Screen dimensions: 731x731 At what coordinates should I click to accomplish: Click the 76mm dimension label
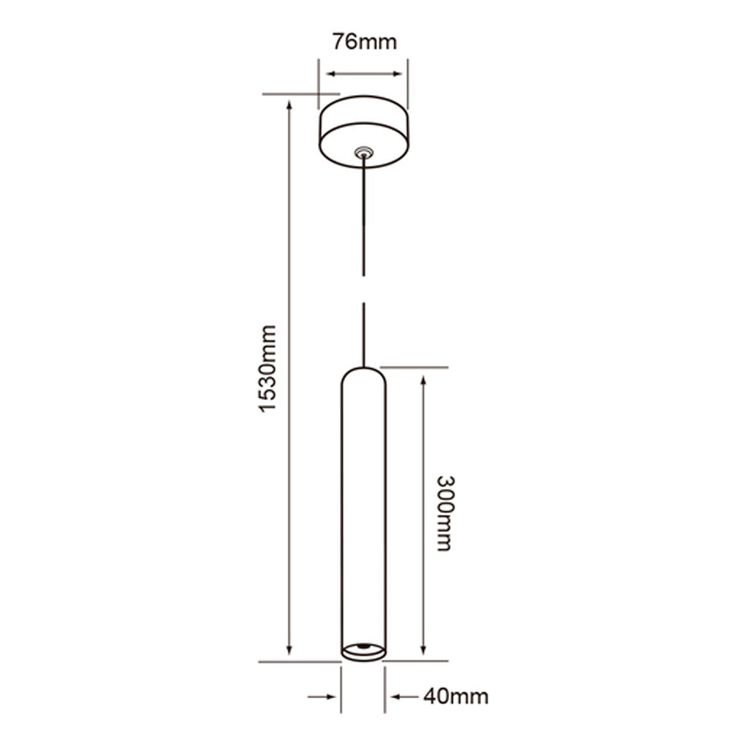pyautogui.click(x=364, y=42)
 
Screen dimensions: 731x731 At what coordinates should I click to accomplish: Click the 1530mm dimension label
pyautogui.click(x=269, y=368)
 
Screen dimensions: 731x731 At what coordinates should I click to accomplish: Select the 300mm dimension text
pyautogui.click(x=445, y=513)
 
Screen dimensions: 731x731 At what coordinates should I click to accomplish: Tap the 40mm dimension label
pyautogui.click(x=455, y=697)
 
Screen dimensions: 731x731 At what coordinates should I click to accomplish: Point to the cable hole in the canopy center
pyautogui.click(x=363, y=153)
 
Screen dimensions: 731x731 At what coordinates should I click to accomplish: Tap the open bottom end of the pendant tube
pyautogui.click(x=363, y=649)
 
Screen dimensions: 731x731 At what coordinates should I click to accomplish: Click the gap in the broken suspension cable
pyautogui.click(x=363, y=289)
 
